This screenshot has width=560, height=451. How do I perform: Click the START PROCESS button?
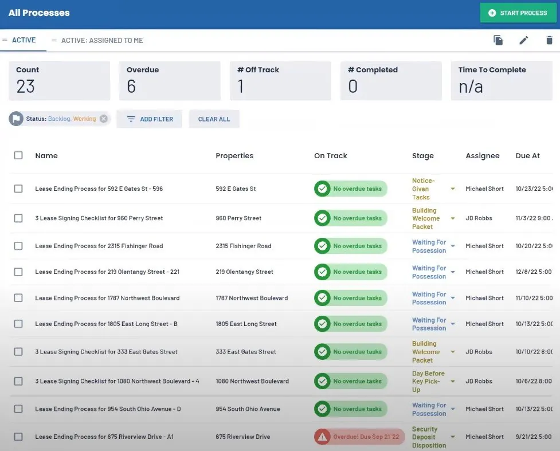pos(518,13)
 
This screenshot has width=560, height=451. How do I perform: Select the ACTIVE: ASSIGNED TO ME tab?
pos(102,40)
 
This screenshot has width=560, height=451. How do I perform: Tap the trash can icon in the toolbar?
pos(549,40)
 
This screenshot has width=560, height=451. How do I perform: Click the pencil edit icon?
pos(523,40)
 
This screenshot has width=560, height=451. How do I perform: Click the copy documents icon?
pos(498,40)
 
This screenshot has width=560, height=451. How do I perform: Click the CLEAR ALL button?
pos(214,119)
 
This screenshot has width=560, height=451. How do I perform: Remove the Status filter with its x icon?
pos(104,119)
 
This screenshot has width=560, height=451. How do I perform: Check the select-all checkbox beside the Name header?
pos(18,155)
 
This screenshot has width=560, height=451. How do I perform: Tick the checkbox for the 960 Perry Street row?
pos(18,218)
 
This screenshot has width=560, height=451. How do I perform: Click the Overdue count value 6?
pos(131,87)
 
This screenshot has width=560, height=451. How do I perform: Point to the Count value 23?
pos(25,87)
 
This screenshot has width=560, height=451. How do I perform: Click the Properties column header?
pos(234,156)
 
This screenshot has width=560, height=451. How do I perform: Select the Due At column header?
pos(527,156)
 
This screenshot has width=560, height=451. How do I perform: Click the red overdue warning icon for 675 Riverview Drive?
pos(322,437)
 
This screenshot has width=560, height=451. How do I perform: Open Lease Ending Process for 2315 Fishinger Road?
pos(99,246)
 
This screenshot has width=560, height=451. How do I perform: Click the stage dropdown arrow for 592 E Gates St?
pos(452,189)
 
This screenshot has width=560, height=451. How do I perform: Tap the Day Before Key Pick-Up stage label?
pos(428,381)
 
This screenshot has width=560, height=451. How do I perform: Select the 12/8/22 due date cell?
pos(534,272)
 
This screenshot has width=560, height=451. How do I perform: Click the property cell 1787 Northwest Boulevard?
pos(252,298)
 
